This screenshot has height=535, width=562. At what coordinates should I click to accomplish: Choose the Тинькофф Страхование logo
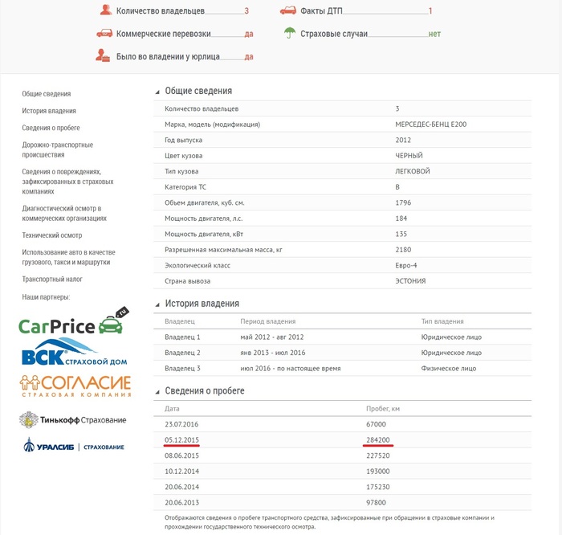73,419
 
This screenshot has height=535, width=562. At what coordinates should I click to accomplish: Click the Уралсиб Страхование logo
74,447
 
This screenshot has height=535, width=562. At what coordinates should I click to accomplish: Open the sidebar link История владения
49,111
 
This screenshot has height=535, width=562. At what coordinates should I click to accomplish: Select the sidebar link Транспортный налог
52,280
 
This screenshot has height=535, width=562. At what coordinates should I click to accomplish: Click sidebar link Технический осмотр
52,235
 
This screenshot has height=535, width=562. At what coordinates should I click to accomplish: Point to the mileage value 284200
377,439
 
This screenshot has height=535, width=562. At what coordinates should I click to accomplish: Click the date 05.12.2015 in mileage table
182,439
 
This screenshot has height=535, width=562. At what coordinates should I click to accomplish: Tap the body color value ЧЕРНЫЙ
409,155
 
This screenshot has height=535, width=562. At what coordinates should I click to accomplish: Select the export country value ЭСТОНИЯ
410,281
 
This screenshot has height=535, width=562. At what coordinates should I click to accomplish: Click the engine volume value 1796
403,202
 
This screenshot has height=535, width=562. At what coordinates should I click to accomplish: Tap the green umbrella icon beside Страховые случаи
289,34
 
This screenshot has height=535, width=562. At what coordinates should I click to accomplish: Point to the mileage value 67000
376,423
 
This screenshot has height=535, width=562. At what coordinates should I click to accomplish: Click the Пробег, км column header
383,409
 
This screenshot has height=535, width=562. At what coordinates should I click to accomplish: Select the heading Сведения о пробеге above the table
205,390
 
